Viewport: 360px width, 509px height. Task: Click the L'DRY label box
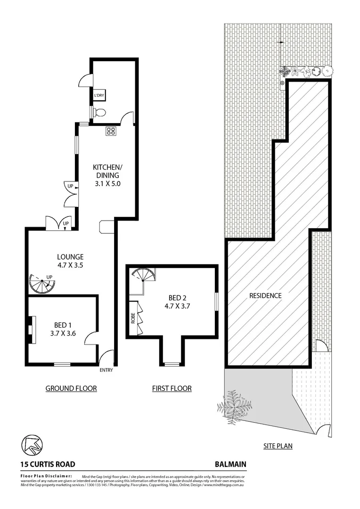[99, 96]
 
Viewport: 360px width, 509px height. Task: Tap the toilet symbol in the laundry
[99, 112]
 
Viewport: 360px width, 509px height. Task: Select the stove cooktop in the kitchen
[111, 131]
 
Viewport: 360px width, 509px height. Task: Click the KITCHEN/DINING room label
[107, 171]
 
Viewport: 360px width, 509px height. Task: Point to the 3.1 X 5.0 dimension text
[107, 184]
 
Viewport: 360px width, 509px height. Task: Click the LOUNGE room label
[70, 257]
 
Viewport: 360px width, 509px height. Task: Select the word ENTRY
[106, 370]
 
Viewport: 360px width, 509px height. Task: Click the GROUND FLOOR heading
[71, 388]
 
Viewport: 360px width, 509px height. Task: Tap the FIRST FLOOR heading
[172, 388]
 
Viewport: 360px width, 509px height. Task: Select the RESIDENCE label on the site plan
[265, 296]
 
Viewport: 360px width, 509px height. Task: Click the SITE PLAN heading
[278, 445]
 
